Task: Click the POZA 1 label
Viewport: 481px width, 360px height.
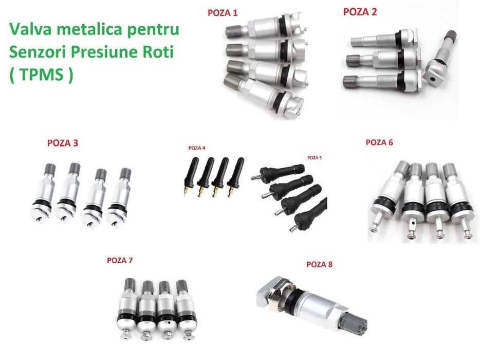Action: point(223,12)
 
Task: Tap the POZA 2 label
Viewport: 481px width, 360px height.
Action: point(360,12)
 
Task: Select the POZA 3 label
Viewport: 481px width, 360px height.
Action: point(63,143)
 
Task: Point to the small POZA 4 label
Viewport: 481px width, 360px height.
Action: point(197,148)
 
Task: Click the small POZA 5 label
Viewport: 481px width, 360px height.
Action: point(314,158)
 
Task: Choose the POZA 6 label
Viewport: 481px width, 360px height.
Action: point(379,142)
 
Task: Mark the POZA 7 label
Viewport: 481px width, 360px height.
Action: point(120,260)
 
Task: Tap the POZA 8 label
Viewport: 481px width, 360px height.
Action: point(319,264)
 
